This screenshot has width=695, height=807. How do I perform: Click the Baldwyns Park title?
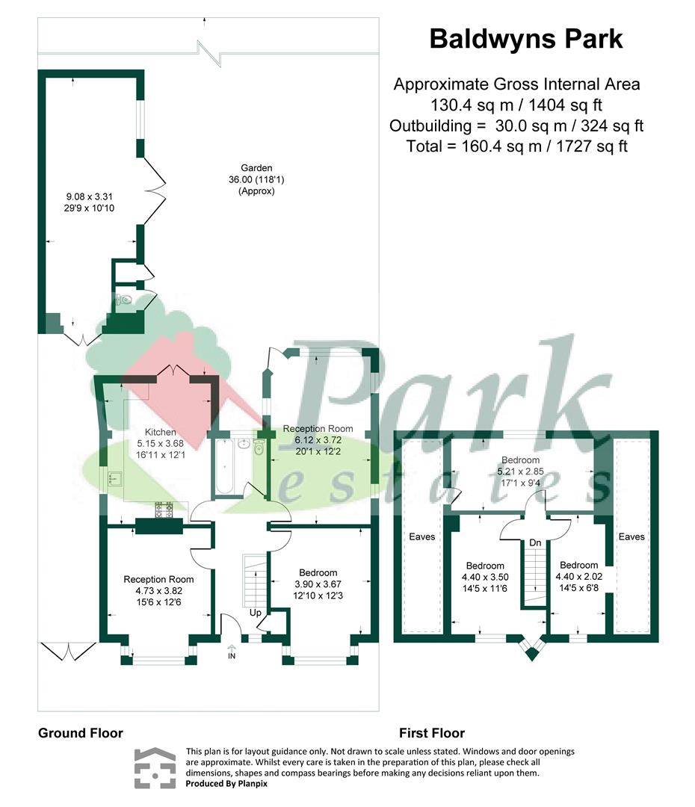pyautogui.click(x=525, y=39)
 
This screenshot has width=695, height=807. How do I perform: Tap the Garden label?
pyautogui.click(x=256, y=168)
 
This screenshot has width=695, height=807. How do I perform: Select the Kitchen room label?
pyautogui.click(x=160, y=433)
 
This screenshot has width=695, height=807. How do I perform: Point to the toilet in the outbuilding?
pyautogui.click(x=125, y=299)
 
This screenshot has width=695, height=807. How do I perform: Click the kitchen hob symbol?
pyautogui.click(x=164, y=510)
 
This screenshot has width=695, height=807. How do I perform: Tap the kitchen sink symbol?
pyautogui.click(x=114, y=479)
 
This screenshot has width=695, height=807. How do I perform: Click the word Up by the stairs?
pyautogui.click(x=256, y=613)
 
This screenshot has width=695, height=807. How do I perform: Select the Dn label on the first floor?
pyautogui.click(x=535, y=542)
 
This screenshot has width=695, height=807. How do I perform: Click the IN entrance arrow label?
pyautogui.click(x=232, y=652)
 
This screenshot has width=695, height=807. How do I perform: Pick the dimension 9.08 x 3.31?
pyautogui.click(x=89, y=197)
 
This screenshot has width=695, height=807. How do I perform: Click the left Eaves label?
pyautogui.click(x=422, y=537)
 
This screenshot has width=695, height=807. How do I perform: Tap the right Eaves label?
pyautogui.click(x=631, y=537)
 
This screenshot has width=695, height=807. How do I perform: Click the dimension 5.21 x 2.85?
pyautogui.click(x=520, y=471)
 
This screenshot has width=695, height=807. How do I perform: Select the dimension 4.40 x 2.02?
pyautogui.click(x=578, y=576)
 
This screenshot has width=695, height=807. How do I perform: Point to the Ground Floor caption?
pyautogui.click(x=81, y=733)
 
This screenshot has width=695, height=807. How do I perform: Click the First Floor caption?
pyautogui.click(x=432, y=733)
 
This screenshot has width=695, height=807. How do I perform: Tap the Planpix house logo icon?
pyautogui.click(x=155, y=768)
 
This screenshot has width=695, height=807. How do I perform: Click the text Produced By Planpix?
pyautogui.click(x=226, y=784)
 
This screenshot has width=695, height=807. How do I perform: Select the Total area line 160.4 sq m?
pyautogui.click(x=517, y=146)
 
